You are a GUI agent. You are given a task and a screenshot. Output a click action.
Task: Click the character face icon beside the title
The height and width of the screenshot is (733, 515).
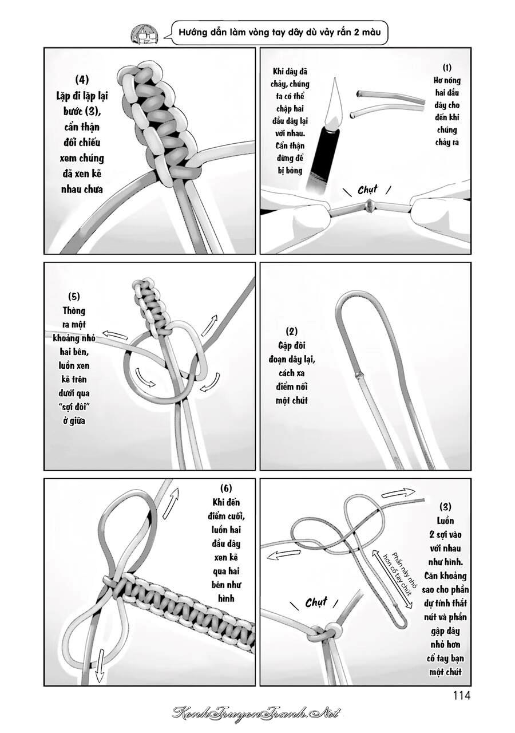pyautogui.click(x=145, y=33)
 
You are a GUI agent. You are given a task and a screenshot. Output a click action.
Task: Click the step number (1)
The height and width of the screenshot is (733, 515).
pyautogui.click(x=447, y=68)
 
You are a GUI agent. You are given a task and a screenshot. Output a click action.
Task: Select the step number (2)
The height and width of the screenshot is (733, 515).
pyautogui.click(x=292, y=332)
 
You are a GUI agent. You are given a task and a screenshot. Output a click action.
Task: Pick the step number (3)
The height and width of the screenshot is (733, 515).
pyautogui.click(x=445, y=507)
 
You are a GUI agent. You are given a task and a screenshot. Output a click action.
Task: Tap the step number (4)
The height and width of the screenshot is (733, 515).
pyautogui.click(x=82, y=80)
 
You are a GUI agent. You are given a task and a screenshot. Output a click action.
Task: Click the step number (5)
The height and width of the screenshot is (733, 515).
pyautogui.click(x=74, y=297)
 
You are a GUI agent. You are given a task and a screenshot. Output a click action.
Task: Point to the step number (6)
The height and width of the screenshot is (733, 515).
pyautogui.click(x=225, y=488)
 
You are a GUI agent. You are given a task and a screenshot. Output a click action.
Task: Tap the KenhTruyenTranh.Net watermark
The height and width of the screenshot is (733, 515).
pyautogui.click(x=256, y=712)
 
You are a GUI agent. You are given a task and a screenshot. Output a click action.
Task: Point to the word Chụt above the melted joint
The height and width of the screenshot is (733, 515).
pyautogui.click(x=367, y=190)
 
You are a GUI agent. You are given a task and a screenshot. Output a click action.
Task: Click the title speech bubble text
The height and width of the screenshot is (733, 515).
pyautogui.click(x=280, y=33)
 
